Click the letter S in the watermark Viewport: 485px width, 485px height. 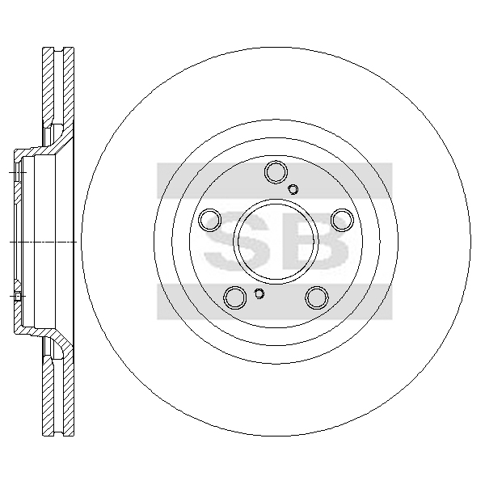click(237, 242)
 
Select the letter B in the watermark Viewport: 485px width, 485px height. click(315, 242)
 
